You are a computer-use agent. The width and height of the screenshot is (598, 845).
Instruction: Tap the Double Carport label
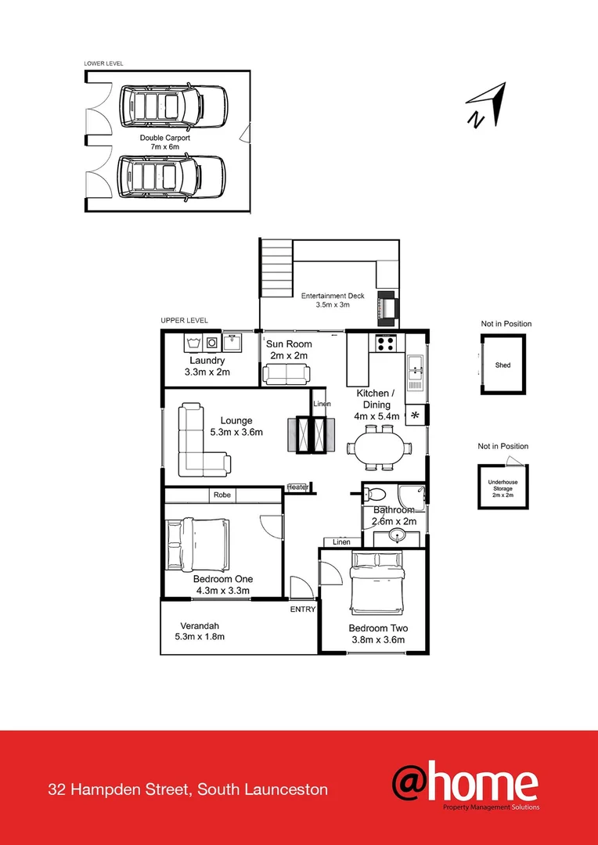pyautogui.click(x=165, y=142)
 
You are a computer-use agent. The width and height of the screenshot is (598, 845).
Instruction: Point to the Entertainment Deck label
pyautogui.click(x=333, y=300)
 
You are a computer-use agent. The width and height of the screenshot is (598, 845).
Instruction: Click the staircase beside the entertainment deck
pyautogui.click(x=276, y=268)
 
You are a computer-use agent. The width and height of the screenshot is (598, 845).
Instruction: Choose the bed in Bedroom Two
pyautogui.click(x=378, y=583)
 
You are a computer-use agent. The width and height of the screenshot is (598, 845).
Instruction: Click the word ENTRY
pyautogui.click(x=302, y=609)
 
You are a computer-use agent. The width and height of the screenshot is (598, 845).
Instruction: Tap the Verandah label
pyautogui.click(x=200, y=626)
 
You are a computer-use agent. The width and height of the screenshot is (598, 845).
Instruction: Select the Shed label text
pyautogui.click(x=503, y=365)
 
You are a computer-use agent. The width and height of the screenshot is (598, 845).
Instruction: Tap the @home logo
pyautogui.click(x=465, y=785)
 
